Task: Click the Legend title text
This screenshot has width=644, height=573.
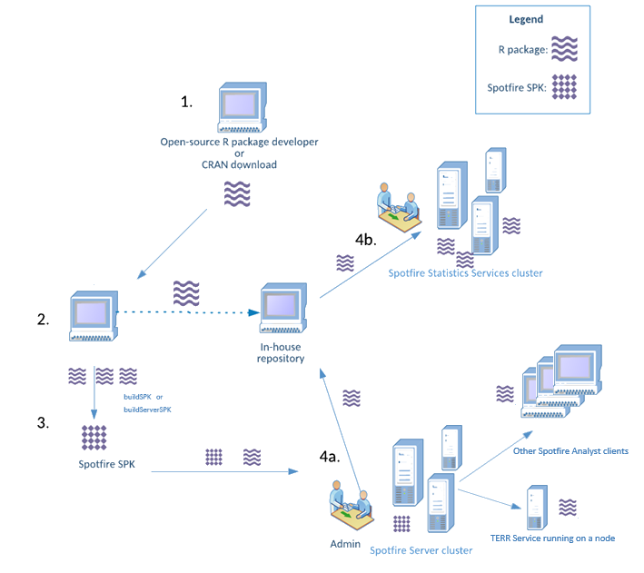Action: point(526,19)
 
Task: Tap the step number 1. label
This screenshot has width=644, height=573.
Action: point(188,103)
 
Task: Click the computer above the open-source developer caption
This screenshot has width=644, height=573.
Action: point(240,108)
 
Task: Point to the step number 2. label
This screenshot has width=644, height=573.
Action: point(43,320)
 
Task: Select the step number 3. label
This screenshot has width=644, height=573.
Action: point(43,423)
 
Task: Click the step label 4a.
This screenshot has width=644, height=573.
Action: point(331,457)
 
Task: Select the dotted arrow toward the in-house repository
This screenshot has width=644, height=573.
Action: point(191,314)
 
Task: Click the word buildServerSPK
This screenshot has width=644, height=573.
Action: point(147,410)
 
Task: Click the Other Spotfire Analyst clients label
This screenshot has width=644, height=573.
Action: point(570,450)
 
